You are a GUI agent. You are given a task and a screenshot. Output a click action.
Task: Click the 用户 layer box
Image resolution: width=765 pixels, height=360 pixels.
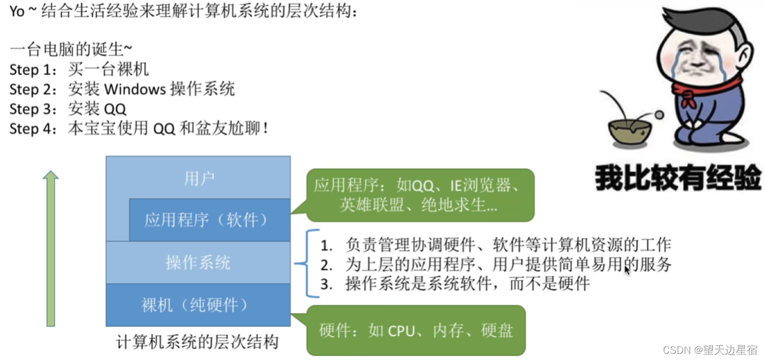199,178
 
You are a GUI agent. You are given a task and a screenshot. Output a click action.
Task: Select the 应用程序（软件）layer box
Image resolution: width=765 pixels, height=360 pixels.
209,220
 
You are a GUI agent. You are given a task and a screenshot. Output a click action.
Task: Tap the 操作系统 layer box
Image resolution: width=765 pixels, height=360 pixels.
198,262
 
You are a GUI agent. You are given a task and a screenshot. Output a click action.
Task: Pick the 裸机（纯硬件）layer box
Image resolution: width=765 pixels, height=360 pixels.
198,304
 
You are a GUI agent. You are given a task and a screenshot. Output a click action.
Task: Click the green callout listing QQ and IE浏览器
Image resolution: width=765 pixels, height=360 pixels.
420,195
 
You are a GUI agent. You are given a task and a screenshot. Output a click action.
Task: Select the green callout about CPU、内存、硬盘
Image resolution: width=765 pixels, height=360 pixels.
415,330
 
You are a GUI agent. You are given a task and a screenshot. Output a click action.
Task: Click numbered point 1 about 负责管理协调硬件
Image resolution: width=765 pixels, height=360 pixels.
495,245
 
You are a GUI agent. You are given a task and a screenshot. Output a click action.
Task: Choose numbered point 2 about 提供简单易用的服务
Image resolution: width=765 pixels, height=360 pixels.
495,265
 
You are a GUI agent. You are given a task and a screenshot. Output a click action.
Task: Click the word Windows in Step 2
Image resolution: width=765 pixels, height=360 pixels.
135,89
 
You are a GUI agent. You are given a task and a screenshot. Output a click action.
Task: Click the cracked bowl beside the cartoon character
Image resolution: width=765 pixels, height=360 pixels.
630,131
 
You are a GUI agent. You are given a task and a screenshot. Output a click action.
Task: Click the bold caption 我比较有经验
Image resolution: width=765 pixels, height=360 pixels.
678,178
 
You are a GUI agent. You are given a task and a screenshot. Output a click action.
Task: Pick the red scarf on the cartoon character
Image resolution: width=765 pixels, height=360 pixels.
706,90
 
